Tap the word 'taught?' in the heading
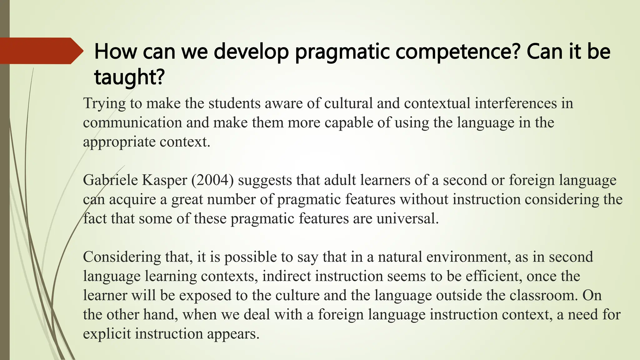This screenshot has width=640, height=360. click(x=129, y=77)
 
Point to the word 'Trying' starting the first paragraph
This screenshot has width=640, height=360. click(x=104, y=103)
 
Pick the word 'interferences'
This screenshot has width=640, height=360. click(x=516, y=103)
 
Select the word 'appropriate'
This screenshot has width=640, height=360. click(x=119, y=142)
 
